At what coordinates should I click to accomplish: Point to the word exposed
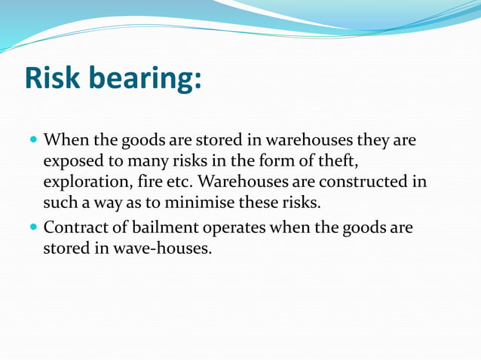tap(73, 162)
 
